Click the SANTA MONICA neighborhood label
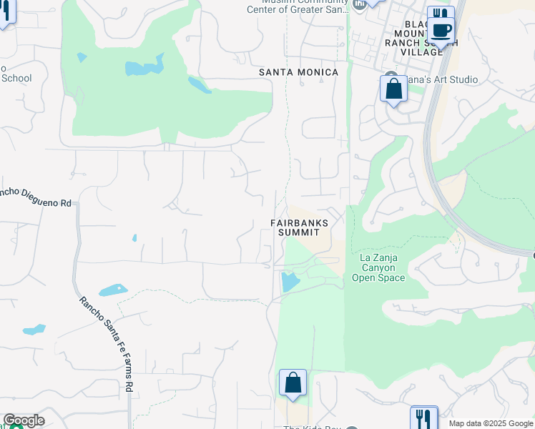pyautogui.click(x=298, y=72)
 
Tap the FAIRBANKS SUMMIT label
pyautogui.click(x=299, y=228)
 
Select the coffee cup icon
pyautogui.click(x=441, y=30)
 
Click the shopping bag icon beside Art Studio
pyautogui.click(x=393, y=89)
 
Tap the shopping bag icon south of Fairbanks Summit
pyautogui.click(x=293, y=383)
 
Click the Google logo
pyautogui.click(x=24, y=420)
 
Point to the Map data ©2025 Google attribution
pyautogui.click(x=491, y=423)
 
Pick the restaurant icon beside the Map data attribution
pyautogui.click(x=423, y=418)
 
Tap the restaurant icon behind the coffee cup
pyautogui.click(x=441, y=14)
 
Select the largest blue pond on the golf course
pyautogui.click(x=137, y=69)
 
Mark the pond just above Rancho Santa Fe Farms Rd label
pyautogui.click(x=114, y=290)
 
